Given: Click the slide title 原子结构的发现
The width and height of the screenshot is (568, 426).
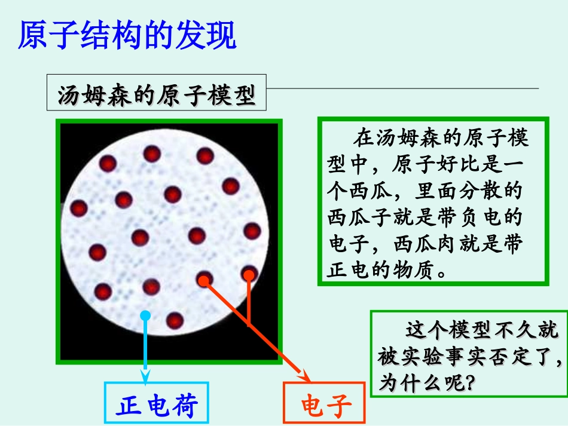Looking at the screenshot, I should (x=127, y=36).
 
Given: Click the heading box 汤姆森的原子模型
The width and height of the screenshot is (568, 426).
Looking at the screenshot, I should (x=157, y=96).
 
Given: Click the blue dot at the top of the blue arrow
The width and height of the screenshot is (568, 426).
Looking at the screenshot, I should (x=145, y=315).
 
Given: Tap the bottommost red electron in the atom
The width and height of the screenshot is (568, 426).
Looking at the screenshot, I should (x=175, y=320).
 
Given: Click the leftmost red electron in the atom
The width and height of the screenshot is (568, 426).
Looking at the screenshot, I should (x=79, y=209).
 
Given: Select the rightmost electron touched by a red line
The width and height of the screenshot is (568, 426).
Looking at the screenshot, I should (x=249, y=274).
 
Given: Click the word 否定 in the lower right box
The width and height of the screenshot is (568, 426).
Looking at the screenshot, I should (x=510, y=357).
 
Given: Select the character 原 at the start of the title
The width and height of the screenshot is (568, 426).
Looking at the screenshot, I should (x=31, y=36).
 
